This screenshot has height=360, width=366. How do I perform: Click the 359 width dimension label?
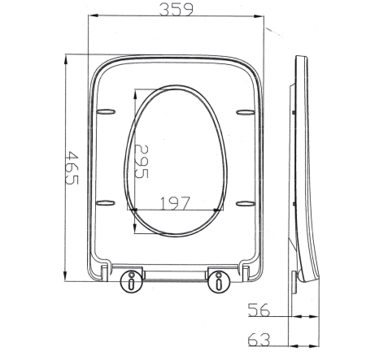point(176,9)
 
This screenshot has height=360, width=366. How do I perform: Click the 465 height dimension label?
point(72,168)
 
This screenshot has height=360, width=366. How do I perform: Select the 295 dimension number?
point(142,162)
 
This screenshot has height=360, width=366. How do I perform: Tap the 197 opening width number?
point(176,203)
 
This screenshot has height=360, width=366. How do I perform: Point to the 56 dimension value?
point(259,310)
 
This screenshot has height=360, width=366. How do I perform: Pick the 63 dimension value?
point(259,340)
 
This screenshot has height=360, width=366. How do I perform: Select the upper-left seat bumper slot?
point(106,111)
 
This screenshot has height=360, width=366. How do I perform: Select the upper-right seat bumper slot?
point(246,112)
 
